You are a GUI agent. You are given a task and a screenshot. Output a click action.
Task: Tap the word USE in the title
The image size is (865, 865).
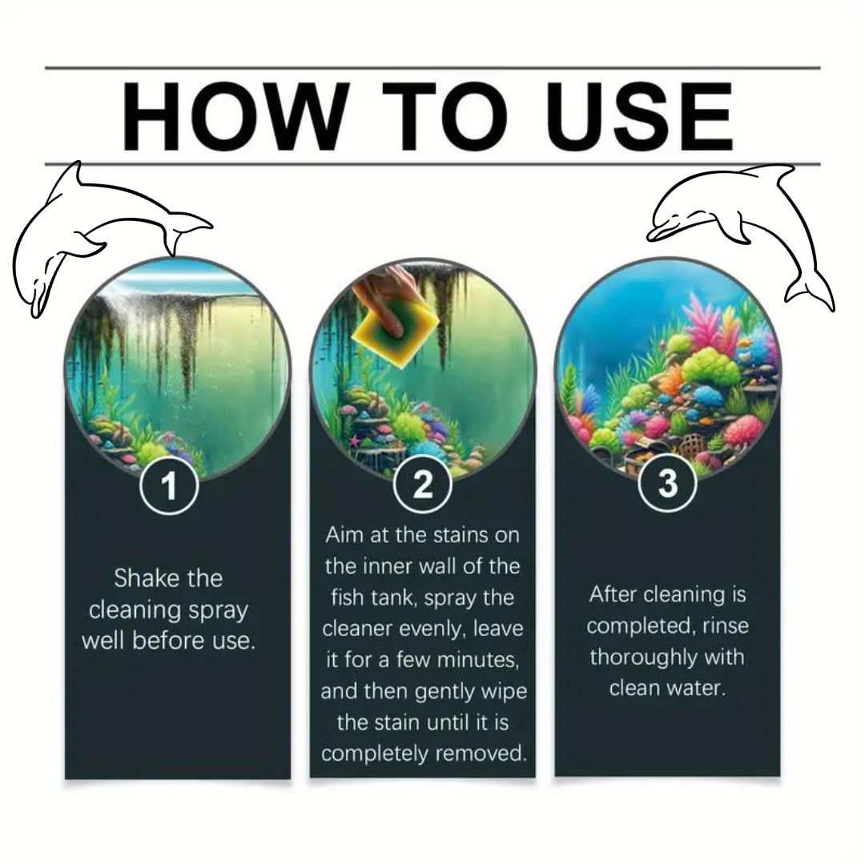[639, 116]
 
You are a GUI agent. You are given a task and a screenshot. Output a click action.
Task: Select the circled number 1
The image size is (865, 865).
[169, 485]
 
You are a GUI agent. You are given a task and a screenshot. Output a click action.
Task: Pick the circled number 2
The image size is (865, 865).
[423, 485]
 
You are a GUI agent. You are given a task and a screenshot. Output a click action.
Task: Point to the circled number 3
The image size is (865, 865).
[667, 483]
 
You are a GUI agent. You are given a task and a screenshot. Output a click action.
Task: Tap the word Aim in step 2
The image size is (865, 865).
[344, 535]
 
